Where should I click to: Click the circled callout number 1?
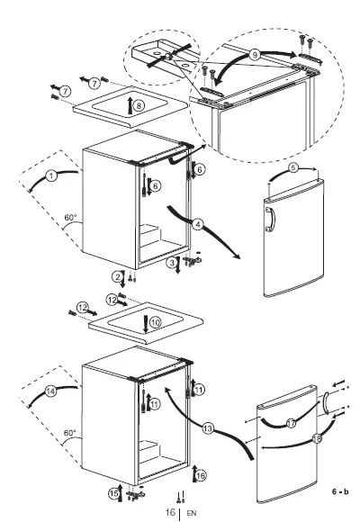click(52, 177)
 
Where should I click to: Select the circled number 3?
click(171, 262)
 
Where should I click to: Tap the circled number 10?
click(154, 321)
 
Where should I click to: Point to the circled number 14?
click(51, 391)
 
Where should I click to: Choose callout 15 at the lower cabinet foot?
click(115, 493)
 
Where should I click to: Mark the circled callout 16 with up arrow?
click(201, 474)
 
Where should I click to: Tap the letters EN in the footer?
click(191, 514)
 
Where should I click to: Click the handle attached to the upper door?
click(267, 220)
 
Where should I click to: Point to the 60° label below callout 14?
click(70, 433)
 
